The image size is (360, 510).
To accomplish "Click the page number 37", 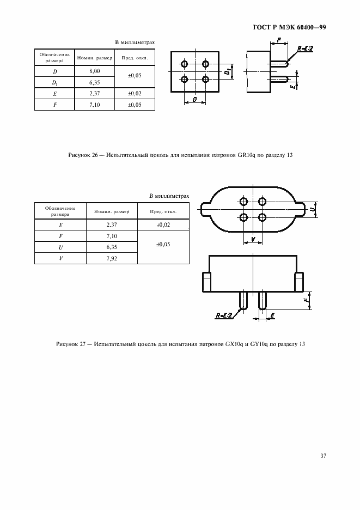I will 323,456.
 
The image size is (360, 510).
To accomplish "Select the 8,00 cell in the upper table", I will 94,71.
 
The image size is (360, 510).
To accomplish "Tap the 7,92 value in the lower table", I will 111,259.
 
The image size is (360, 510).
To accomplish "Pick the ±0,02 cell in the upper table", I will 134,94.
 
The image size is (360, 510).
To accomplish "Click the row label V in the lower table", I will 60,259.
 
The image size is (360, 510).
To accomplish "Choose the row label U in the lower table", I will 60,247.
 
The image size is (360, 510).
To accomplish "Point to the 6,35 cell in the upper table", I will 94,83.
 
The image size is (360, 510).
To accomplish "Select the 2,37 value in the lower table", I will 111,224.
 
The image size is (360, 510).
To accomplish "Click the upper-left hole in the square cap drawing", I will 185,64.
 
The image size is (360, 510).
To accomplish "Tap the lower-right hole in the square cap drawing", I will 205,80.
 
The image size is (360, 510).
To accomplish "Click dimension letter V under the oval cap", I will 253,239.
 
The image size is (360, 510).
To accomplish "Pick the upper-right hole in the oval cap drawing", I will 263,202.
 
